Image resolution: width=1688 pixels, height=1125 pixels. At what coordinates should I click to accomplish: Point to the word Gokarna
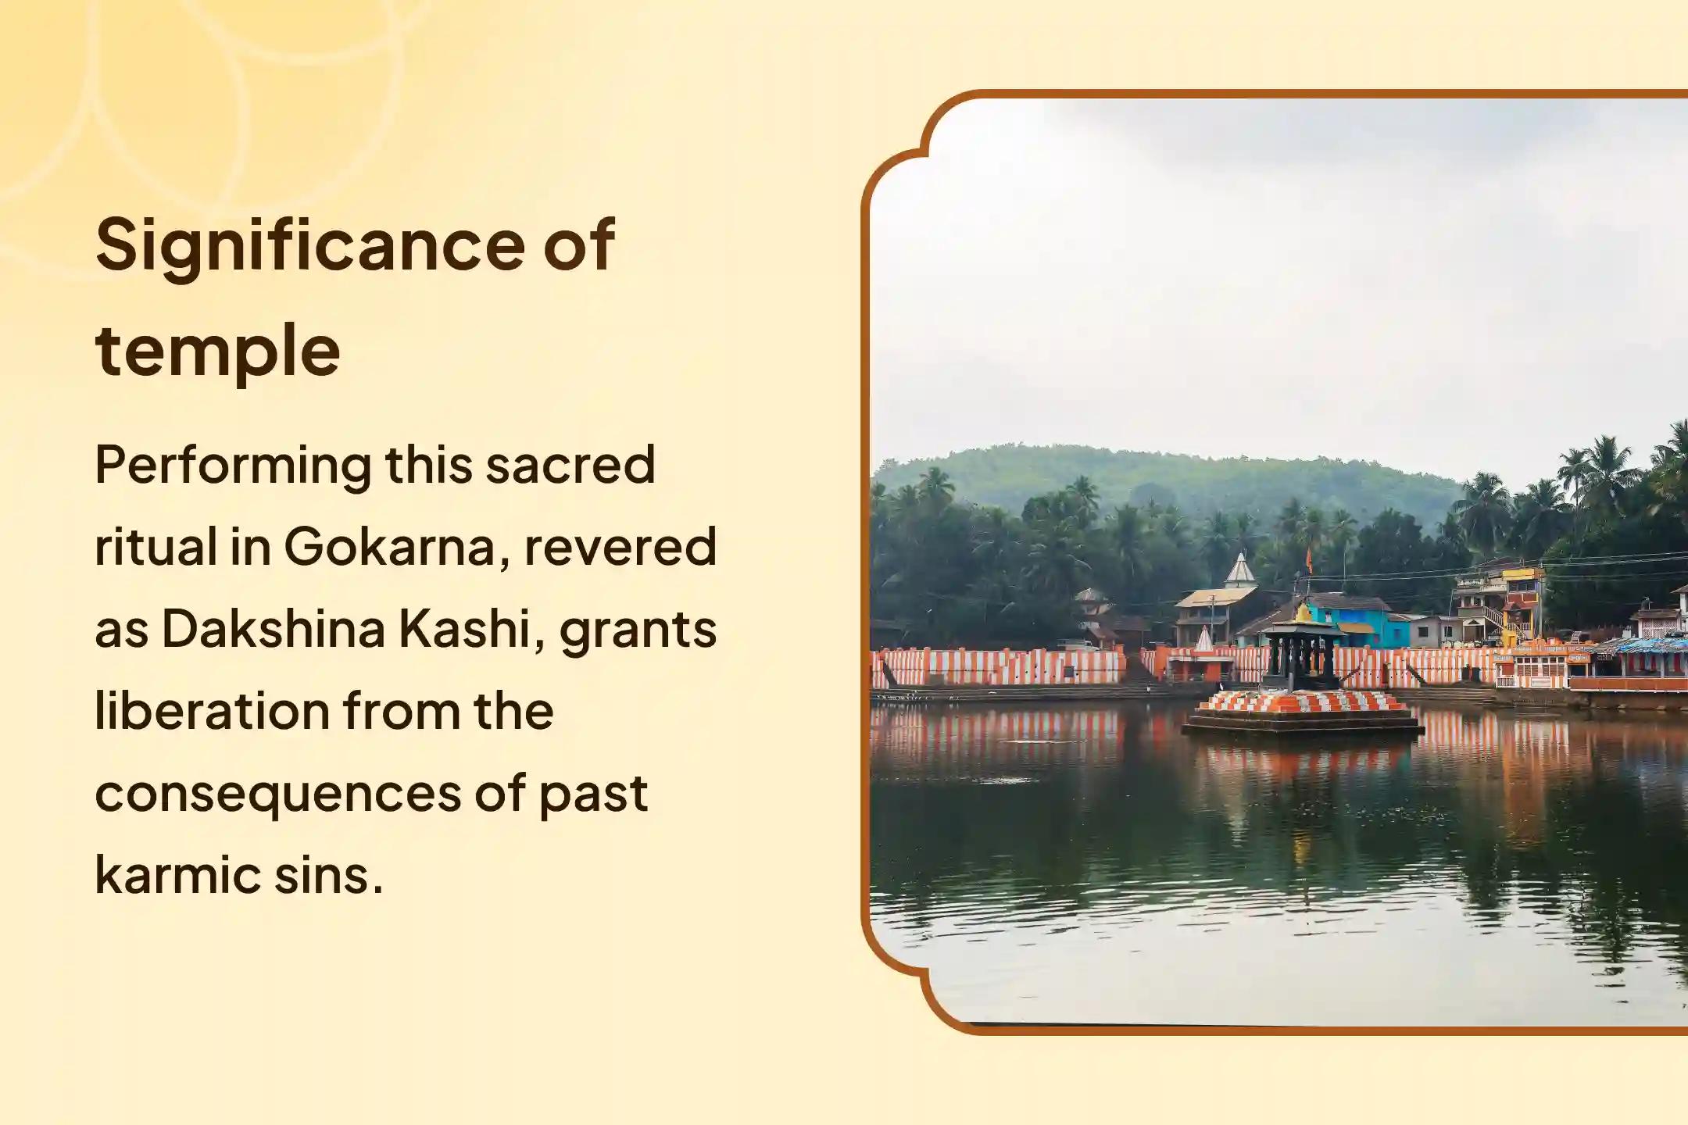click(x=389, y=547)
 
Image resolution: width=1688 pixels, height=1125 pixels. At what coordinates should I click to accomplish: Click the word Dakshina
click(x=273, y=629)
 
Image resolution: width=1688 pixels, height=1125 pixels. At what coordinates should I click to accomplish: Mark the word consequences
click(x=277, y=795)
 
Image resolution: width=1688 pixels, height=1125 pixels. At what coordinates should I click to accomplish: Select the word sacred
click(x=570, y=465)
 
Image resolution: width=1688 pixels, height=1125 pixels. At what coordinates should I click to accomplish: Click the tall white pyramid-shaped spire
click(x=1240, y=570)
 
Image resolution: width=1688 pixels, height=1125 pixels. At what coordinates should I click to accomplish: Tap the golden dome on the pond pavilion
click(x=1302, y=616)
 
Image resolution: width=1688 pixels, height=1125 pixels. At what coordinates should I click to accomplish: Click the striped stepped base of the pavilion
click(x=1302, y=702)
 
